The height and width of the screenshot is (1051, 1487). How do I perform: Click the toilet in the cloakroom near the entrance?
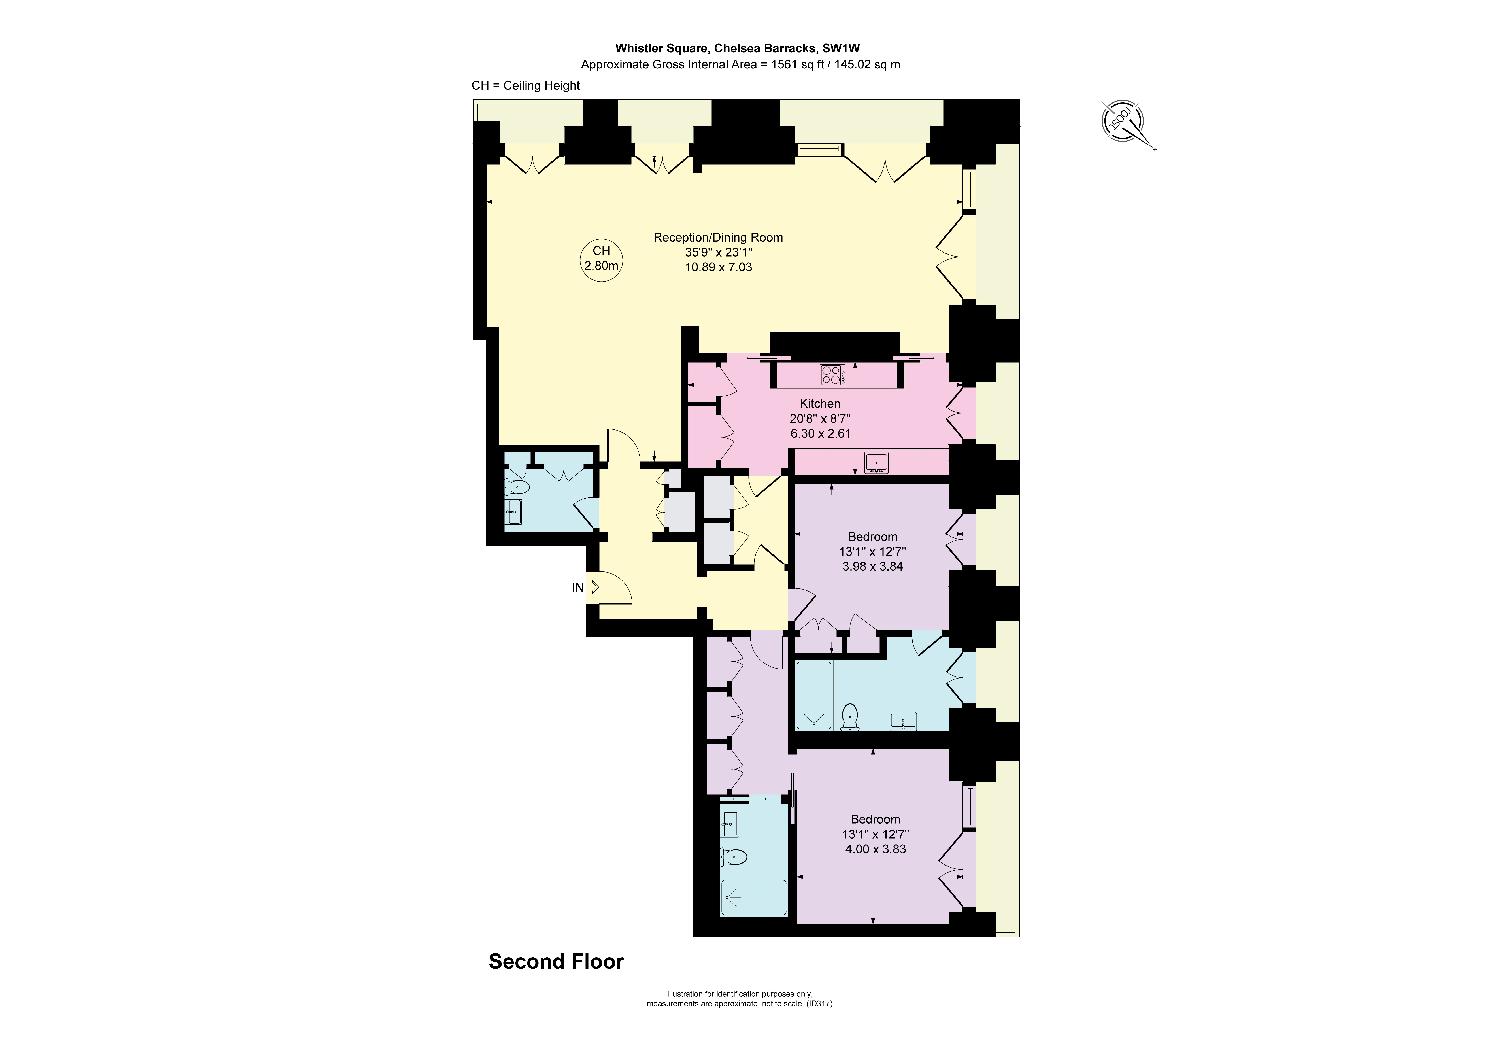pos(518,487)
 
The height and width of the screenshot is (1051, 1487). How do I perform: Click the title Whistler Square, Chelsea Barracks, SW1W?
pos(737,48)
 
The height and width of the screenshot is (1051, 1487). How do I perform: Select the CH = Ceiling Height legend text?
pos(525,85)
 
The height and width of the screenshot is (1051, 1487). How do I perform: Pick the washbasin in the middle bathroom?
pos(903,720)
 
